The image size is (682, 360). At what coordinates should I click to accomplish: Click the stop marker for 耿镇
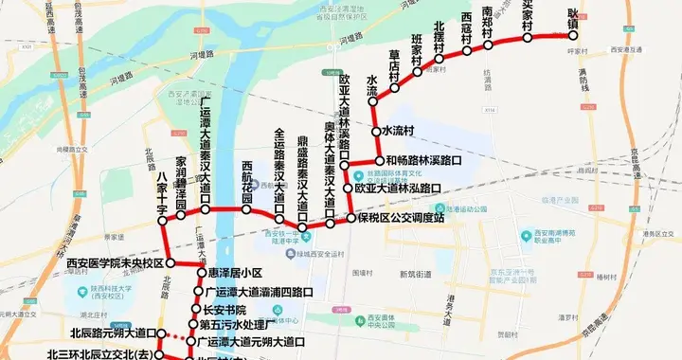click(x=572, y=35)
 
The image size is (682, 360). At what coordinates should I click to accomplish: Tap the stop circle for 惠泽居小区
click(x=200, y=275)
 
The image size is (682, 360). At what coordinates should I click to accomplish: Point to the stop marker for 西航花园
click(x=246, y=208)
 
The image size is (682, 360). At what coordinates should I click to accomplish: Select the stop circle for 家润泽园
click(x=181, y=216)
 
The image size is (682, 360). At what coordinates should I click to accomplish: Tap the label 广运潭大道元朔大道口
click(x=252, y=340)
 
